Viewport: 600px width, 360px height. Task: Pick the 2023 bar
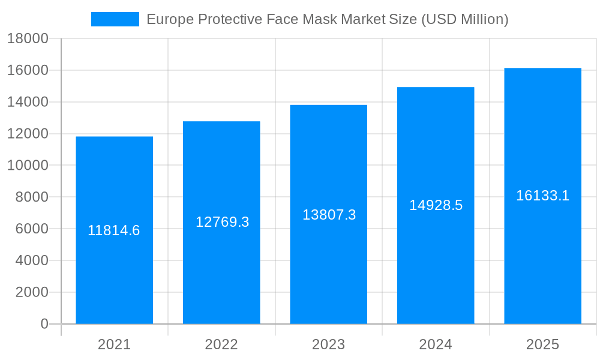click(x=328, y=270)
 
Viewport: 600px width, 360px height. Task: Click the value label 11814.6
click(x=114, y=230)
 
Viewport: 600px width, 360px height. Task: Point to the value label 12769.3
click(x=222, y=222)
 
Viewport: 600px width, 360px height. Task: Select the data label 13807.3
click(x=329, y=215)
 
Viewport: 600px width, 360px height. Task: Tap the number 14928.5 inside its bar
click(x=436, y=205)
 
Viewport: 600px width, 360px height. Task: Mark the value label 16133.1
click(x=543, y=196)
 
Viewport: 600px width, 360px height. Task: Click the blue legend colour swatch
click(x=115, y=19)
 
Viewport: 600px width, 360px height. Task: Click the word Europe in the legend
click(x=166, y=19)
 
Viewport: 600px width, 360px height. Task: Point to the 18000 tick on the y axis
click(x=27, y=39)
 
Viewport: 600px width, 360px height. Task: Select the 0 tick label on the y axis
click(x=44, y=324)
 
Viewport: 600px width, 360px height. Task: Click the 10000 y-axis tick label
click(x=27, y=166)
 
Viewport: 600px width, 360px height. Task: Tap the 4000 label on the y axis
click(x=31, y=260)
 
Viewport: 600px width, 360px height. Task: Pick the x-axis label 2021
click(x=114, y=344)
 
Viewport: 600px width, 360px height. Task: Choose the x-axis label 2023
click(x=328, y=344)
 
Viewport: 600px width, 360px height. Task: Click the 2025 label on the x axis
click(x=542, y=344)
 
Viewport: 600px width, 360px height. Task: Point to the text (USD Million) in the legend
click(x=465, y=19)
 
